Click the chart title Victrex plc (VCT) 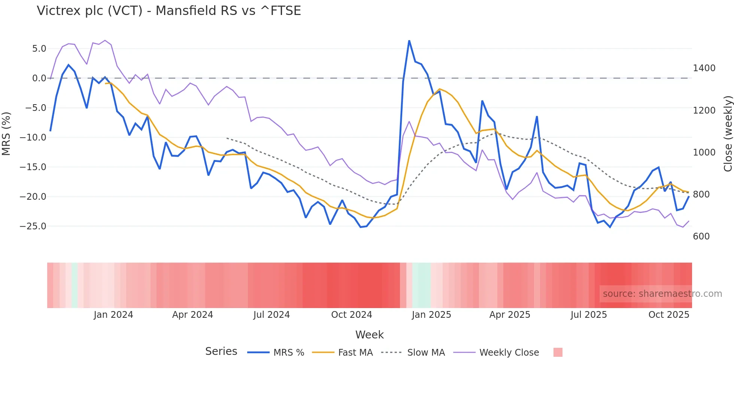[169, 10]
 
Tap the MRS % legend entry [288, 353]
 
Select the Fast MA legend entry [355, 353]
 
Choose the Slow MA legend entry [426, 353]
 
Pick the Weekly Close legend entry [509, 353]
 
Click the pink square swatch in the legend [558, 352]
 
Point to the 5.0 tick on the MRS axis [39, 49]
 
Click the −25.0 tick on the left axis [33, 226]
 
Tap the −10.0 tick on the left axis [33, 138]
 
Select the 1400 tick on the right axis [704, 68]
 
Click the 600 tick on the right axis [701, 236]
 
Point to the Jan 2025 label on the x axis [431, 315]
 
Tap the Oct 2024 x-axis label [351, 315]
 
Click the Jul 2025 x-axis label [588, 315]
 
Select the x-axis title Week [369, 335]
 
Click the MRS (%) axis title [6, 133]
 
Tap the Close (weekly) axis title [728, 133]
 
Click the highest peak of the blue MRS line [409, 40]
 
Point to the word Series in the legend [221, 352]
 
